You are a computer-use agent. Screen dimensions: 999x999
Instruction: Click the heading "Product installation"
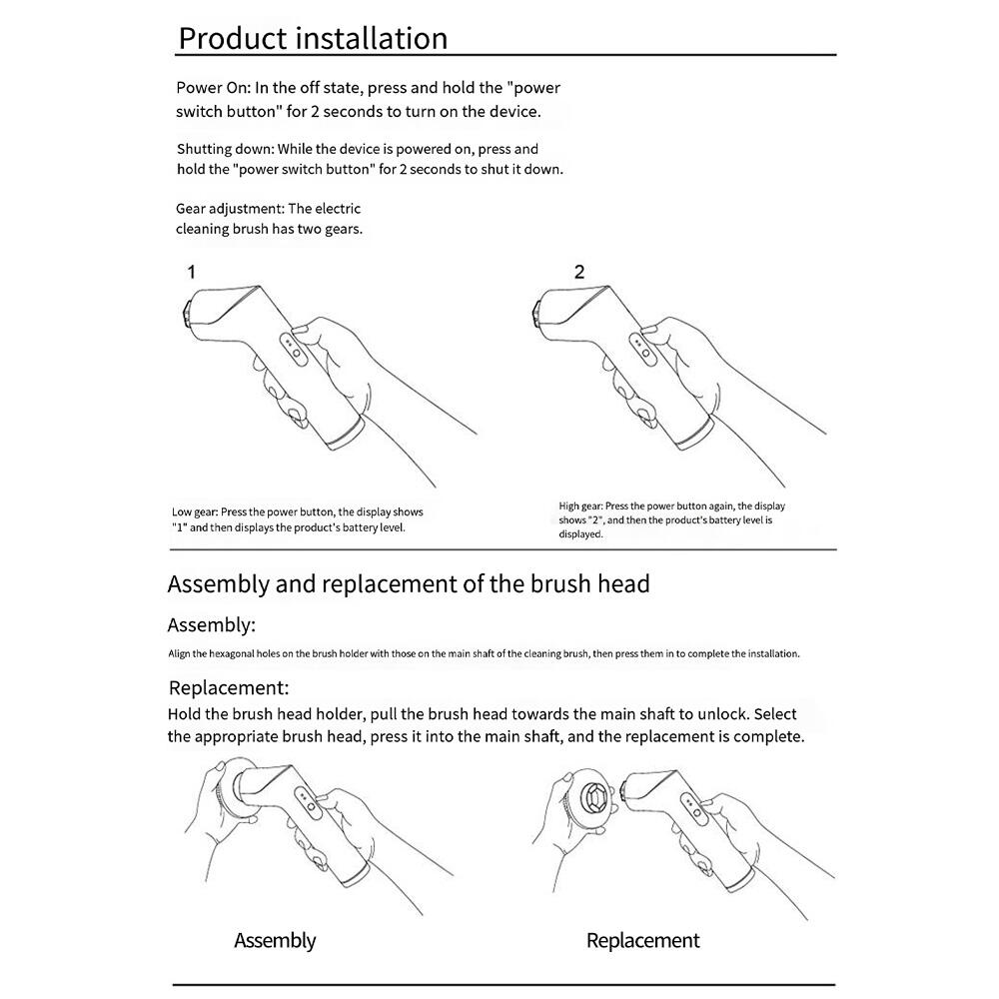[x=312, y=38]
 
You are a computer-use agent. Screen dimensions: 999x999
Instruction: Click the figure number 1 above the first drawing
[x=191, y=272]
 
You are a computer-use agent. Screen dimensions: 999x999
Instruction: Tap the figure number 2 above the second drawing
[x=579, y=272]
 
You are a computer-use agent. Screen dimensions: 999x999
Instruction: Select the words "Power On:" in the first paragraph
[x=208, y=88]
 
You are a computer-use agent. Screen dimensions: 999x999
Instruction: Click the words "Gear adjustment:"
[x=230, y=209]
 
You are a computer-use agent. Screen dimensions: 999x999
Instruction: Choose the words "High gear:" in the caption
[x=580, y=506]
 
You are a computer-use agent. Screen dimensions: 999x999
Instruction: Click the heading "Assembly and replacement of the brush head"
[x=408, y=583]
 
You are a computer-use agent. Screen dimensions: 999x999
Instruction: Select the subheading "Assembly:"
[x=211, y=625]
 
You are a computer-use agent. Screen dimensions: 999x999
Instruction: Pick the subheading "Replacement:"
[x=229, y=687]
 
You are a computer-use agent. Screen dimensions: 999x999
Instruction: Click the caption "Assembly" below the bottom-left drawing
[x=275, y=940]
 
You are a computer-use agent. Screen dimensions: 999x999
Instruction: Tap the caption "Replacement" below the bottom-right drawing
[x=642, y=940]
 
